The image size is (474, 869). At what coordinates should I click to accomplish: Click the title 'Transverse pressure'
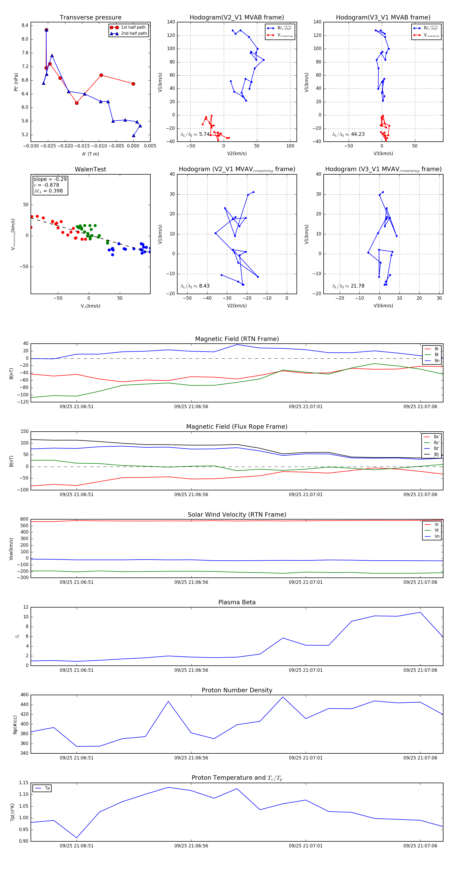[90, 18]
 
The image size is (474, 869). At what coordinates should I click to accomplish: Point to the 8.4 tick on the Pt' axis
[25, 25]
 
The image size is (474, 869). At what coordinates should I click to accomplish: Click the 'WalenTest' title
[90, 169]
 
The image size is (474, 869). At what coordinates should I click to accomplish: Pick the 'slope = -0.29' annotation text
[50, 179]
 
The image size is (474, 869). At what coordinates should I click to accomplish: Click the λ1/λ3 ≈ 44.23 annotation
[348, 134]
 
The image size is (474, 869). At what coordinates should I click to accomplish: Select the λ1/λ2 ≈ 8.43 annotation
[195, 286]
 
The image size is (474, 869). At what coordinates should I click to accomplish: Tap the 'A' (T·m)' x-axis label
[90, 154]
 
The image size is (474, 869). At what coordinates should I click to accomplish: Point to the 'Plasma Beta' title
[237, 602]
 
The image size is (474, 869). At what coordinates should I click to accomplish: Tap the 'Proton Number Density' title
[237, 690]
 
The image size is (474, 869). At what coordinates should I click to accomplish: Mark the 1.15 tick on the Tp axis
[24, 783]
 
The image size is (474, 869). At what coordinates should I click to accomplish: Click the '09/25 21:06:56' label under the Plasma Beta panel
[191, 670]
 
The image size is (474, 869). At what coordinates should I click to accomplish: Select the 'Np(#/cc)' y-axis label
[15, 724]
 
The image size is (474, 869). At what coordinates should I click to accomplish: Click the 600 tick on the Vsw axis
[24, 519]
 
